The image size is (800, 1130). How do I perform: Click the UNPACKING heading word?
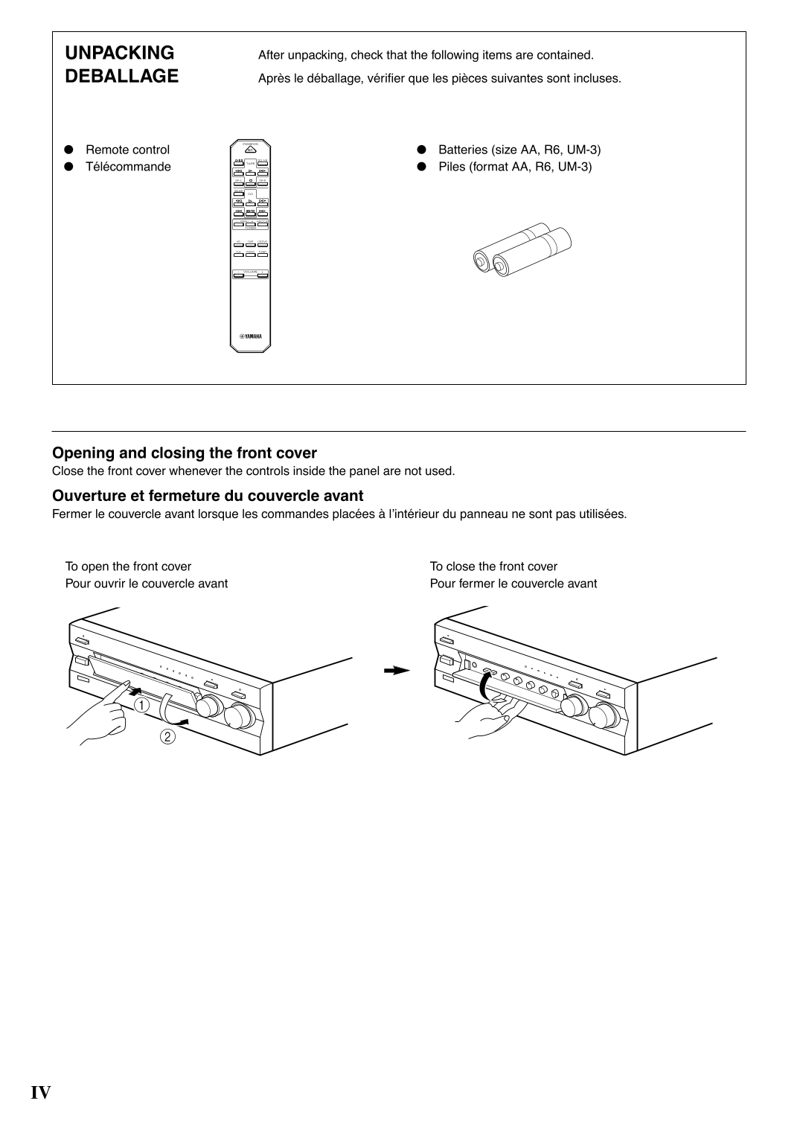[x=119, y=53]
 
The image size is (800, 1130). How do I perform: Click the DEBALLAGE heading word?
[x=122, y=76]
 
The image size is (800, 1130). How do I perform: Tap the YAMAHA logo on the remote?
[x=250, y=336]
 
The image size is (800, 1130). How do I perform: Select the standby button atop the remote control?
[x=250, y=148]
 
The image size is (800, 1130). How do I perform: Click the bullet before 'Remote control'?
[x=68, y=150]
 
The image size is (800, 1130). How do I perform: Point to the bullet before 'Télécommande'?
[x=68, y=167]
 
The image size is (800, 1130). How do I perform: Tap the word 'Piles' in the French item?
[x=452, y=167]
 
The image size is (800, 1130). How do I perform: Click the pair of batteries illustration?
[x=522, y=250]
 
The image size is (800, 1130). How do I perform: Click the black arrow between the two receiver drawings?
[x=397, y=670]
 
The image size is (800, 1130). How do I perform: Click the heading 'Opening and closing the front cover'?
[x=185, y=453]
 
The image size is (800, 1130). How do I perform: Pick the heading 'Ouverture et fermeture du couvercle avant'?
[x=208, y=496]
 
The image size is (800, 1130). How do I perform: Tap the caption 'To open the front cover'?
[x=128, y=566]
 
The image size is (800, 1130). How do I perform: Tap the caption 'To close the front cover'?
[x=493, y=566]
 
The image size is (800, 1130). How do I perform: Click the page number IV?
[x=41, y=1092]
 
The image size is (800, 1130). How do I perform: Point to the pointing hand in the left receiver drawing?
[x=100, y=715]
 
